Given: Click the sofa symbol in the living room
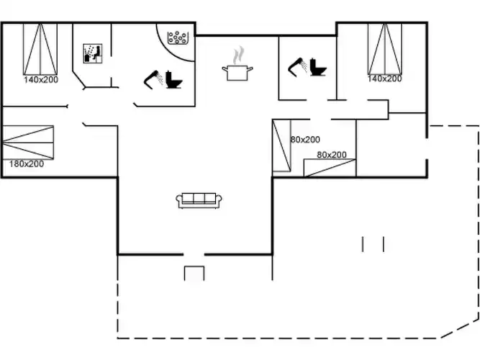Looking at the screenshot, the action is click(x=199, y=200).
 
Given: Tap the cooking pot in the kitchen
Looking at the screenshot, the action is click(x=237, y=73).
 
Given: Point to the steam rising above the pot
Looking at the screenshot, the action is click(x=238, y=55).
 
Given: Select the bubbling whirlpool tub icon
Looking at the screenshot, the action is click(x=178, y=38).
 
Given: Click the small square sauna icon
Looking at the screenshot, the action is click(x=93, y=53).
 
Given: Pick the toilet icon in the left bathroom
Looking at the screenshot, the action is click(x=174, y=80).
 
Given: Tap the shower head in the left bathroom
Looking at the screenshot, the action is click(x=154, y=80).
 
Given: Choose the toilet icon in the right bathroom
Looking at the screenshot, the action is click(x=318, y=67).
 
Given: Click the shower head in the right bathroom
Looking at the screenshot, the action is click(x=297, y=67).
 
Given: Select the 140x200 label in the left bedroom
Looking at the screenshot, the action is click(x=41, y=80).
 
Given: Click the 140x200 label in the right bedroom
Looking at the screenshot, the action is click(x=384, y=78).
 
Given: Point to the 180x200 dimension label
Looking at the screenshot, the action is click(x=27, y=164).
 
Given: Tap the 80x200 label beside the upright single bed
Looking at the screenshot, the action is click(x=305, y=140).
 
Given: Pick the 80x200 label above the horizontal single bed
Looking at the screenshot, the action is click(x=332, y=155).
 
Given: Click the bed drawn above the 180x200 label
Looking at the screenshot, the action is click(x=28, y=143).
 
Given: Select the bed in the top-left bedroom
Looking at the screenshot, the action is click(x=40, y=49).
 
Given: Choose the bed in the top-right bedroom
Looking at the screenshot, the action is click(x=385, y=49).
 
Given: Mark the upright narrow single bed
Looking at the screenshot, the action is click(x=281, y=145).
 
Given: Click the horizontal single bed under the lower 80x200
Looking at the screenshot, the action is click(x=330, y=168).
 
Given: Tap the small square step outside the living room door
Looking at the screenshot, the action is click(x=194, y=274).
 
